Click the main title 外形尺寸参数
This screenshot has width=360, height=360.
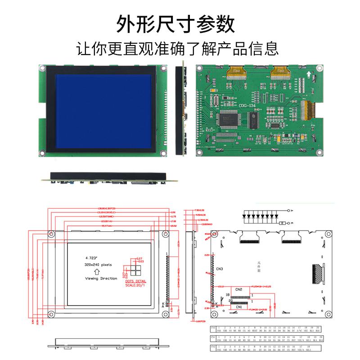175,23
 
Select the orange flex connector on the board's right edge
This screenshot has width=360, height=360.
309,110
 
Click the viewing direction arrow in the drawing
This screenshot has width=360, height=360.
97,272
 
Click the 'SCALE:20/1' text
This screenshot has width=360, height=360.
137,285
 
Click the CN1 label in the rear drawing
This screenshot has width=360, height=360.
238,307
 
